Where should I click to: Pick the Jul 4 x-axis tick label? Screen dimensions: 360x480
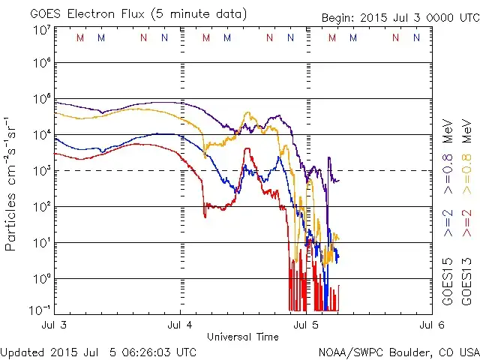[181, 325]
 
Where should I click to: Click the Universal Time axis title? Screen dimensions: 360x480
[242, 337]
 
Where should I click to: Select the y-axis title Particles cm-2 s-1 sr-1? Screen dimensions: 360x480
[12, 182]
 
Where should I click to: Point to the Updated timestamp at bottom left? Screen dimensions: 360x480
[98, 352]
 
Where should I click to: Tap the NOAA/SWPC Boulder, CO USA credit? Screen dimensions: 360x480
[398, 352]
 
